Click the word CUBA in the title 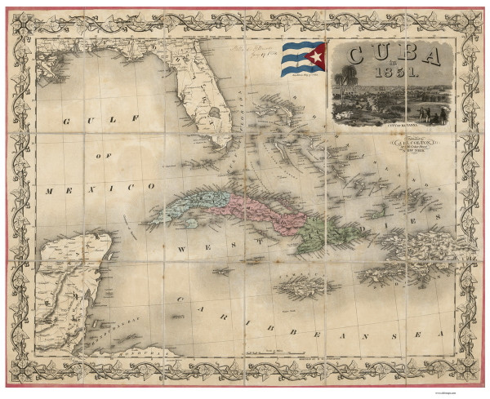(394, 55)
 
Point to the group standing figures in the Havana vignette (433, 114)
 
